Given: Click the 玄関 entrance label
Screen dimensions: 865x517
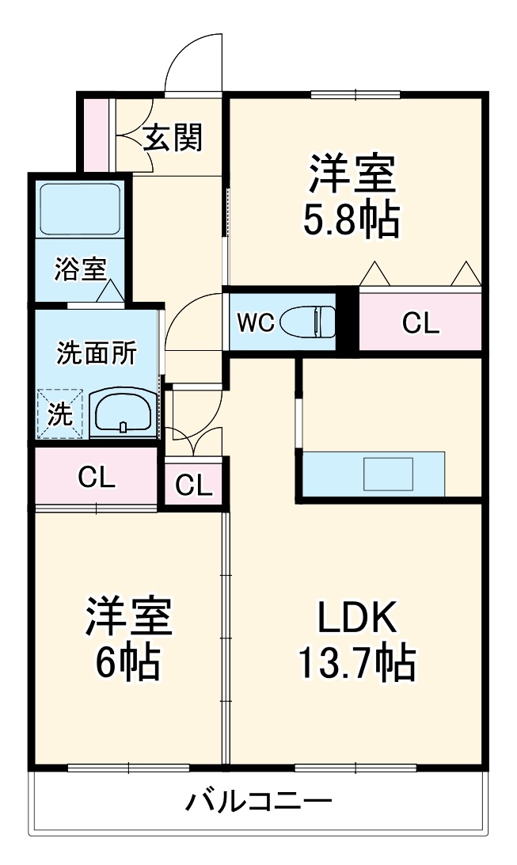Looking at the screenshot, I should coord(173,138).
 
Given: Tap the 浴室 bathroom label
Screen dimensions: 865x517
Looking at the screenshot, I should coord(79,269).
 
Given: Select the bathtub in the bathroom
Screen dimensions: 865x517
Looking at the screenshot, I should coord(78,208).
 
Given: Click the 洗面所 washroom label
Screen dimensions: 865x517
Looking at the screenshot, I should coord(96,353).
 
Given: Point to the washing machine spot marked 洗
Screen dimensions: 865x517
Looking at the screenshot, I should coord(59,413).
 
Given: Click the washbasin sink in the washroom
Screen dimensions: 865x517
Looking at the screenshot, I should coord(123,411).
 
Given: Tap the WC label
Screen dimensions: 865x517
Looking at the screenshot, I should coord(256,322).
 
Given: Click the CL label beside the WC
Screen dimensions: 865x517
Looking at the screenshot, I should coord(420,322).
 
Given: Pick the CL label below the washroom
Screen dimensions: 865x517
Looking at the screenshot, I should coord(97,477).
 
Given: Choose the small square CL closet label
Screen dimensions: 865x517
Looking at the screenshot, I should coord(194,484).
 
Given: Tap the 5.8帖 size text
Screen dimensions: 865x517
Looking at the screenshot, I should coord(351,221).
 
